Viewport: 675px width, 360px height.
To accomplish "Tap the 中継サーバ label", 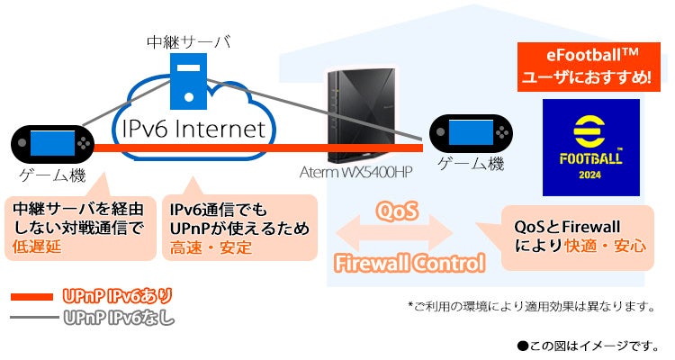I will [x=188, y=41].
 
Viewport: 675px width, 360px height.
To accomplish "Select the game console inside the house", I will [x=467, y=133].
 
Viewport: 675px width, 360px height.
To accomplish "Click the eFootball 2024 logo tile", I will [x=590, y=148].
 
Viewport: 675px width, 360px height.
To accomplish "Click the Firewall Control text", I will [x=409, y=264].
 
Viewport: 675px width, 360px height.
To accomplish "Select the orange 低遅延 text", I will [x=37, y=247].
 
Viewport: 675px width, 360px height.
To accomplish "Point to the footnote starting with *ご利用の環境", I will [x=530, y=306].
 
